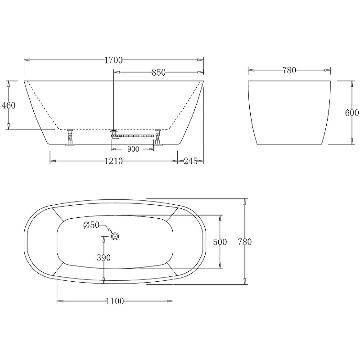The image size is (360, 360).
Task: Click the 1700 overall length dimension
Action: (114, 60)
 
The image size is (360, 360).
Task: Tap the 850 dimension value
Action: (158, 72)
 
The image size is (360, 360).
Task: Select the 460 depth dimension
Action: (9, 105)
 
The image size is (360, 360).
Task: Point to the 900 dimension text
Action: (133, 149)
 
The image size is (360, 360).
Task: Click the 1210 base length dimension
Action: (114, 161)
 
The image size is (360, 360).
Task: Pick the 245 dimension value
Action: (190, 161)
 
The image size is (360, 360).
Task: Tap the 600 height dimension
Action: (352, 113)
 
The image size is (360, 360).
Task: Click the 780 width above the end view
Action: (289, 70)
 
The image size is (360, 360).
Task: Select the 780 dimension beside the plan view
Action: (245, 242)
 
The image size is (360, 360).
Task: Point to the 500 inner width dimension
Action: (220, 242)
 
